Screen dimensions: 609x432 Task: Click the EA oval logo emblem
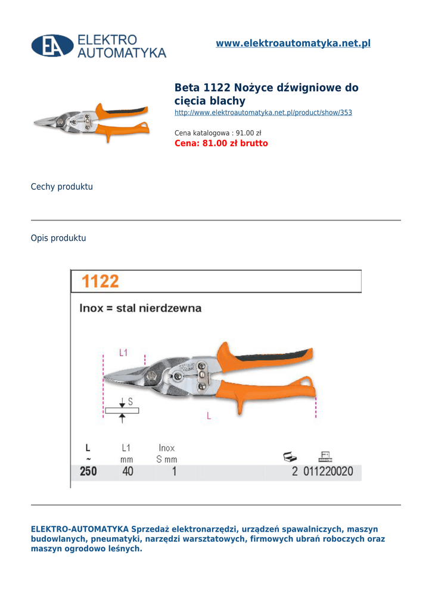pos(52,46)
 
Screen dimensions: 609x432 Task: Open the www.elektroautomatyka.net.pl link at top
pos(293,43)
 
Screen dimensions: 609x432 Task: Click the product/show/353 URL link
pos(263,112)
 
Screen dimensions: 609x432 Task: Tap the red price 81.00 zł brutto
pos(221,143)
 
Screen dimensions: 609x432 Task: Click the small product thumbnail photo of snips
pos(91,122)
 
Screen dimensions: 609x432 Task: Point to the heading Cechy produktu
pos(62,187)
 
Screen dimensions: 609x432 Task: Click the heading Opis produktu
pos(58,238)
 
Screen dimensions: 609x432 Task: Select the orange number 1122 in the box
pos(100,281)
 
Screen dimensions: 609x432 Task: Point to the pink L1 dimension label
pos(123,353)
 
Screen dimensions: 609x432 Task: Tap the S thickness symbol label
pos(130,402)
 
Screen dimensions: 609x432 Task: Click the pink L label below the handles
pos(209,416)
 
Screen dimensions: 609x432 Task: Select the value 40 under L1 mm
pos(128,472)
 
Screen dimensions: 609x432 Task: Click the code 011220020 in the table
pos(328,472)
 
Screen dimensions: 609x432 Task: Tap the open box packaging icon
pos(290,457)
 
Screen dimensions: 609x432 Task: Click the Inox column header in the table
pos(167,448)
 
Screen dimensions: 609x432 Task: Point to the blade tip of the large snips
pos(107,378)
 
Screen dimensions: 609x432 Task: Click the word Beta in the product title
pos(188,88)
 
